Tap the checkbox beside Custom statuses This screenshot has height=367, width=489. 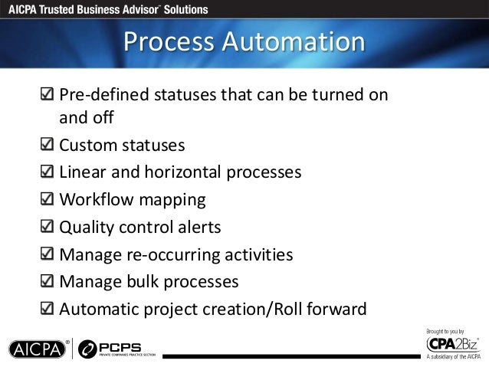click(48, 145)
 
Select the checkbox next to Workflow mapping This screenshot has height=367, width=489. click(48, 200)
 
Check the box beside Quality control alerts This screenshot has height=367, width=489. click(48, 228)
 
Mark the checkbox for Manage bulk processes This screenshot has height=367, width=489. click(48, 282)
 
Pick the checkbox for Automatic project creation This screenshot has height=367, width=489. click(48, 310)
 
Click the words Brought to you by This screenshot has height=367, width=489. click(445, 329)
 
